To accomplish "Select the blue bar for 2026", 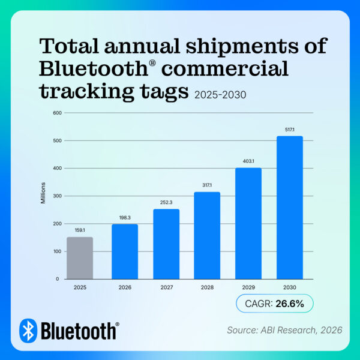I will click(x=125, y=251).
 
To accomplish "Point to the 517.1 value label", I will click(x=289, y=128).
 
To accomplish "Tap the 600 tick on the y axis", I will click(x=58, y=113).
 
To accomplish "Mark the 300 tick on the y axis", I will click(x=58, y=196).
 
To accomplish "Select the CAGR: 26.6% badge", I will click(x=275, y=304).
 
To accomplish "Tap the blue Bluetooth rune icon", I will click(x=28, y=330).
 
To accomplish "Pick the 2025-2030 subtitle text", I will click(x=221, y=94).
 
